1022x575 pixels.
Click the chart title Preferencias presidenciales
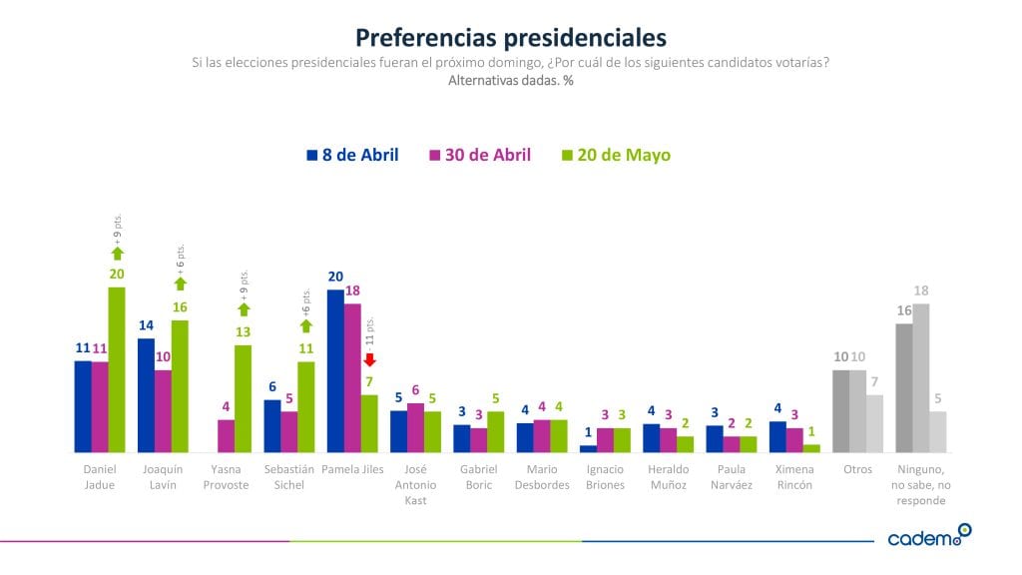pos(510,38)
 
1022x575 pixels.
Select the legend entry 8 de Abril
pos(352,155)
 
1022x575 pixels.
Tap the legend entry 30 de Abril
pos(479,155)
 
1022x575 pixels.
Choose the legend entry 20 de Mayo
pos(616,155)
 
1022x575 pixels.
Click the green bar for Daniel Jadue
pos(117,369)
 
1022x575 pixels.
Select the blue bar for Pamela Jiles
pos(335,370)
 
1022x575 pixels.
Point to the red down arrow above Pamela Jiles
pos(368,360)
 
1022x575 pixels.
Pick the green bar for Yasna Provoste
pos(243,398)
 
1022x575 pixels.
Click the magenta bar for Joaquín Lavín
pos(163,411)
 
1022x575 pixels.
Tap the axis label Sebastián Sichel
pos(289,476)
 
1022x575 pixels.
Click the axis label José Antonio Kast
pos(415,484)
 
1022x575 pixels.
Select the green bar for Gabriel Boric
pos(496,431)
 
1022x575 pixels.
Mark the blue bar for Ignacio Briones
pos(588,448)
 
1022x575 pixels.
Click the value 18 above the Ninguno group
pos(921,290)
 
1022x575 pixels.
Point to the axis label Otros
pos(857,469)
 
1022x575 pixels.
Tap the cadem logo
pos(928,536)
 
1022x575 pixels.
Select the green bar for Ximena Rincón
pos(811,448)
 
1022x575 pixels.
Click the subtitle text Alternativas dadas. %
pos(510,81)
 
